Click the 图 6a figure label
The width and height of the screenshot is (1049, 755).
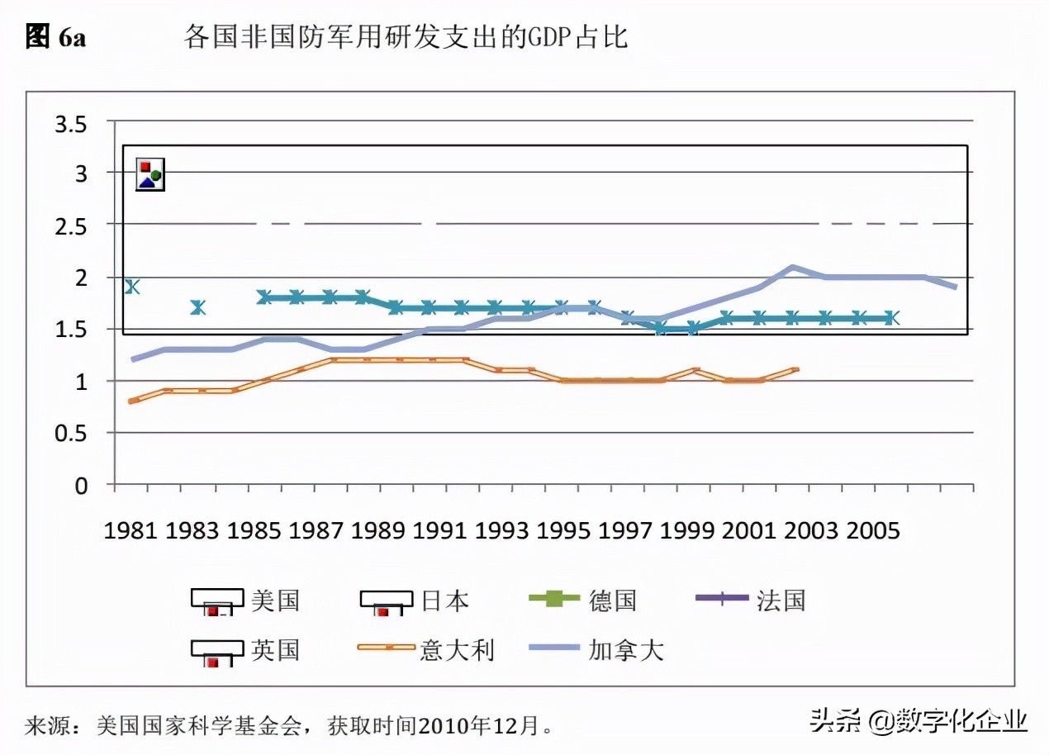tap(55, 37)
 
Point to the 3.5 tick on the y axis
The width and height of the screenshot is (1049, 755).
tap(70, 125)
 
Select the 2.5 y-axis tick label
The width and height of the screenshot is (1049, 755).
tap(70, 225)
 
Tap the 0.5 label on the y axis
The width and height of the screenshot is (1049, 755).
tap(70, 433)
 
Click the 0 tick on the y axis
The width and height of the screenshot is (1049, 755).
tap(81, 486)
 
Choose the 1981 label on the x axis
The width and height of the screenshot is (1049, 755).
tap(131, 530)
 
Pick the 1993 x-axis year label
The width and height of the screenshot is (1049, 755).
tap(502, 530)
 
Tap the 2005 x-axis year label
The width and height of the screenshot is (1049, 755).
tap(872, 530)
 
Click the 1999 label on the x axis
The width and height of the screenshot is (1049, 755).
tap(687, 530)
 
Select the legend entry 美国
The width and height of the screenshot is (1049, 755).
tap(275, 601)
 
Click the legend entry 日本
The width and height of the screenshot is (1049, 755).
tap(445, 601)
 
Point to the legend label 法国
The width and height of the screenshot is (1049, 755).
tap(781, 601)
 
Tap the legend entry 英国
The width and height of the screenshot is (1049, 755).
tap(275, 650)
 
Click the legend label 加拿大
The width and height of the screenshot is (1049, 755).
tap(626, 650)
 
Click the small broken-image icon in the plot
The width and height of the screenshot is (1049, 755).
tap(150, 174)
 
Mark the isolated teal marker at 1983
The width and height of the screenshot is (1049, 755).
tap(197, 307)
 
